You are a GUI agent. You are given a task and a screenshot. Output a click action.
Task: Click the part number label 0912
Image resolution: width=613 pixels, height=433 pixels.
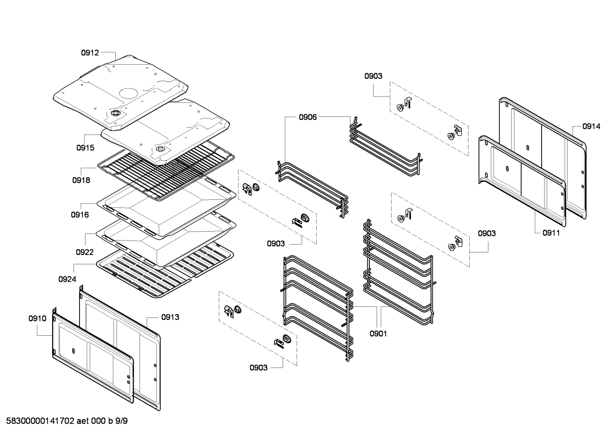(90, 53)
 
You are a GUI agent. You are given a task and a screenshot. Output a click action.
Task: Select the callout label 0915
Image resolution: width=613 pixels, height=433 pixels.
(85, 148)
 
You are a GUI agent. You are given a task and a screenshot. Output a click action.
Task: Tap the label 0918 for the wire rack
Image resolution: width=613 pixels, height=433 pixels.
(81, 180)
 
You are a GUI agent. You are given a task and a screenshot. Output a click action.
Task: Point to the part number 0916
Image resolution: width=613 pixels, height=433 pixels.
(80, 215)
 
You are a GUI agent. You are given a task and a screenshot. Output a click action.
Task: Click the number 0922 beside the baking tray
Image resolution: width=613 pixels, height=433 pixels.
(85, 252)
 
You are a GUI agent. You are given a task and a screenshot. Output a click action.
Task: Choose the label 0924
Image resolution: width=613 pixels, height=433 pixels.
(67, 279)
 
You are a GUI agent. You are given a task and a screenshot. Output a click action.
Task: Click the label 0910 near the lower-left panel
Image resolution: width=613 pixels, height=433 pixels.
(37, 318)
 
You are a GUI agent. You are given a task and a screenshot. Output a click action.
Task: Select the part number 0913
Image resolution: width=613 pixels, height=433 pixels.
(170, 317)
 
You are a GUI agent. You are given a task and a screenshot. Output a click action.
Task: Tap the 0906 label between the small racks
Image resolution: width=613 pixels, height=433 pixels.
(307, 117)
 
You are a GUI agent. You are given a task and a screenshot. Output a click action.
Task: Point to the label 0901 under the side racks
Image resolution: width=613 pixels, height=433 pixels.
(378, 334)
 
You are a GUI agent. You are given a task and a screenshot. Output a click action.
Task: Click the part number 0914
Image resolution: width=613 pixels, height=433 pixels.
(591, 126)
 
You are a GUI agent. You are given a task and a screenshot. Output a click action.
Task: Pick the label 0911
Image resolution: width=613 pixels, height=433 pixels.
(551, 233)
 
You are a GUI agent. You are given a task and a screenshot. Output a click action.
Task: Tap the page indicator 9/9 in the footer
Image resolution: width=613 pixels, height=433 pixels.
(122, 421)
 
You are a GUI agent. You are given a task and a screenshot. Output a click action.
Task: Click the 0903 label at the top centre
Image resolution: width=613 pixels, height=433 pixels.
(373, 76)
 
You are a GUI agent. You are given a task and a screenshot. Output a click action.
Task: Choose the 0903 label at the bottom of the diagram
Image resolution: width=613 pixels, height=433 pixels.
(258, 368)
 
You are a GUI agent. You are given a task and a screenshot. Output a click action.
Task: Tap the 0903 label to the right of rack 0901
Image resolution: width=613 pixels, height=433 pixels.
(486, 233)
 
